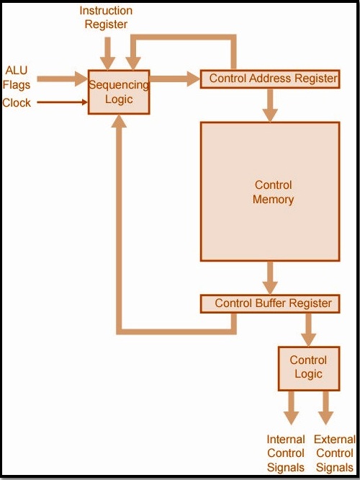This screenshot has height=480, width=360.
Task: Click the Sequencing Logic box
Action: [x=119, y=92]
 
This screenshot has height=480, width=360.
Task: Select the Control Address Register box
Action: [x=270, y=79]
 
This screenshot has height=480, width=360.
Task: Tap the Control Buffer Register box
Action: [x=270, y=303]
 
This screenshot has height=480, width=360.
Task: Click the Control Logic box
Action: [x=309, y=368]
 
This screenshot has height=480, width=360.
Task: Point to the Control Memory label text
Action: [x=273, y=192]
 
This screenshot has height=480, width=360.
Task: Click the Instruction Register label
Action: [x=106, y=17]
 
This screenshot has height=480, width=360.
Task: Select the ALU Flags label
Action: [x=17, y=77]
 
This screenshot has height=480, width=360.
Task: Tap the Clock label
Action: [x=17, y=102]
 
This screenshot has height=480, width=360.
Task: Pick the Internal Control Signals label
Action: [x=286, y=453]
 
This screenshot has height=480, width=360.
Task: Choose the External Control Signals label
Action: [x=335, y=453]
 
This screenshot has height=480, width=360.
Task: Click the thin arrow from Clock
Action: [x=63, y=102]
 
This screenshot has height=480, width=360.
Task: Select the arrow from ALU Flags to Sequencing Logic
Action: [x=63, y=79]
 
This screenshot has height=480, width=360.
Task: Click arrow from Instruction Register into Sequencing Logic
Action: [x=108, y=53]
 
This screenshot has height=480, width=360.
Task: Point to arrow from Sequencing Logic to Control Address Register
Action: [x=175, y=79]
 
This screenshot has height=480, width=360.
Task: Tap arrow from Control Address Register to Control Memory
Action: [x=270, y=105]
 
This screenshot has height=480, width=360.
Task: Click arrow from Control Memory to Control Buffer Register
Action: [x=270, y=277]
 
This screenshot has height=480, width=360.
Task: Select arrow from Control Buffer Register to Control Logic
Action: [x=309, y=329]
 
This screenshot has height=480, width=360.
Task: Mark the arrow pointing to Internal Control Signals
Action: [x=291, y=408]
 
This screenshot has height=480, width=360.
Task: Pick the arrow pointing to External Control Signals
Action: [x=325, y=408]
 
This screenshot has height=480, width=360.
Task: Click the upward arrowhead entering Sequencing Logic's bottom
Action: [x=119, y=121]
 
